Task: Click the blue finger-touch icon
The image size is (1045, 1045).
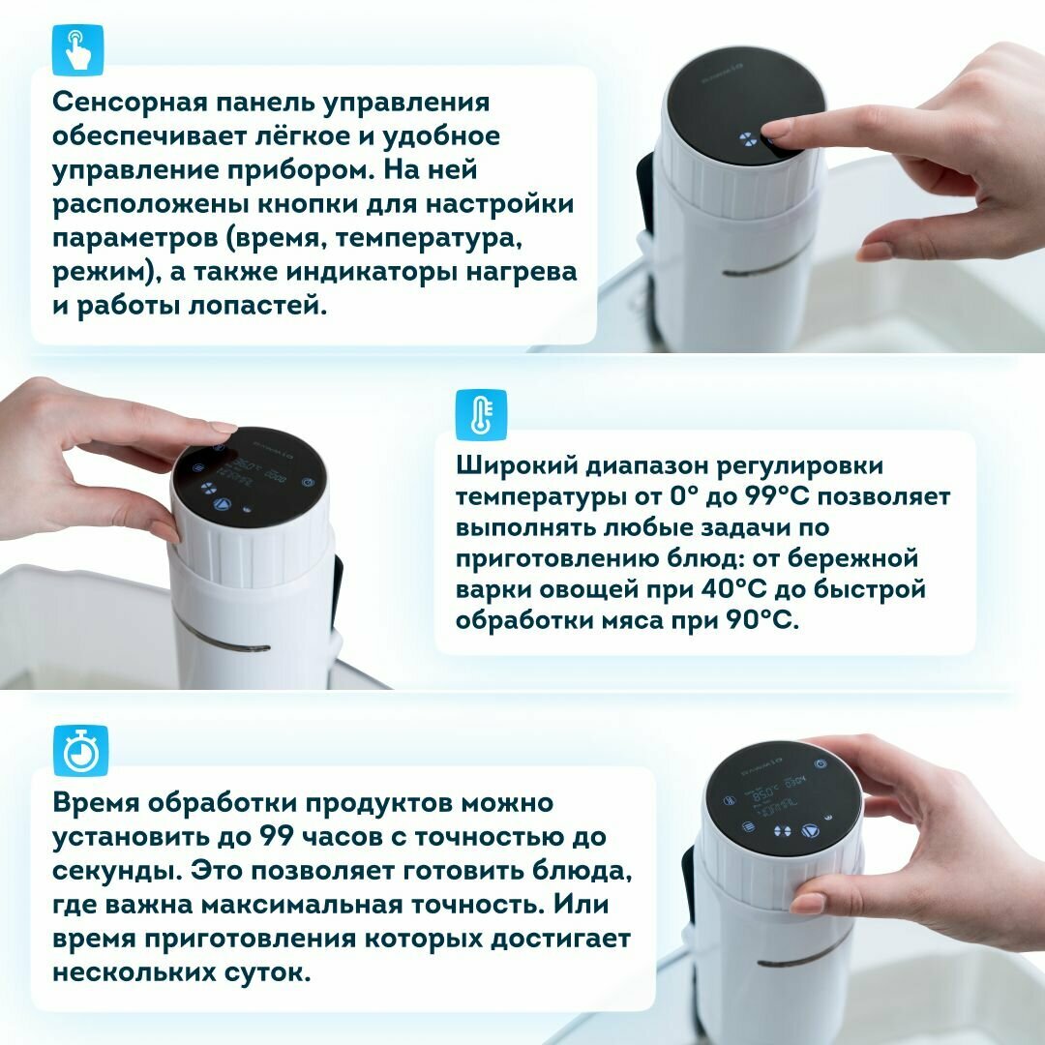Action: click(x=78, y=50)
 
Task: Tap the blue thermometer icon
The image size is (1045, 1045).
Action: click(x=481, y=415)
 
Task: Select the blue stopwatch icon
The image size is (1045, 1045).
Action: click(x=80, y=751)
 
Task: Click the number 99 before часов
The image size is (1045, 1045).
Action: click(x=276, y=836)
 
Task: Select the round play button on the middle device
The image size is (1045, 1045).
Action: click(x=223, y=504)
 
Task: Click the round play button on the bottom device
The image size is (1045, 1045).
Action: click(x=811, y=831)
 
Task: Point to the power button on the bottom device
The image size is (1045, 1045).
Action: click(x=821, y=764)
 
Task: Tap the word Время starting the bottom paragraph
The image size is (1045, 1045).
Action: click(x=95, y=802)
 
